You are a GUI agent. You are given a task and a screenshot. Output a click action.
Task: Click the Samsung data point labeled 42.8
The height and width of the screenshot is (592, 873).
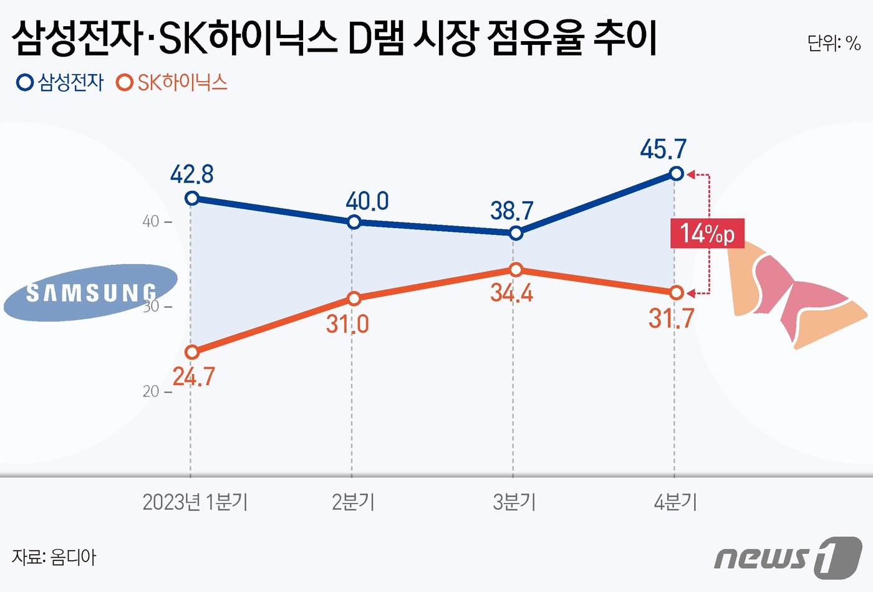point(192,198)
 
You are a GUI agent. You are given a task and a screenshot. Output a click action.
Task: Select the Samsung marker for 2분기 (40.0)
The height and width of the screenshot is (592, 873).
point(354,222)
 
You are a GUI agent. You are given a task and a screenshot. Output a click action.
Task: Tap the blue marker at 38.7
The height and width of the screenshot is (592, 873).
point(515,233)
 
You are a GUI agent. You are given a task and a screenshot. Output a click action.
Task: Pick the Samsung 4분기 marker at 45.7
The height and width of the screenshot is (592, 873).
point(676,173)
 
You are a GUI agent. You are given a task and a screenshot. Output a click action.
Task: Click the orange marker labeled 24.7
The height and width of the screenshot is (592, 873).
point(192,352)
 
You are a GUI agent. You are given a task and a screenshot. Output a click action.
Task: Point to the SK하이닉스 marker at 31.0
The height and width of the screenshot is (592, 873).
point(354,298)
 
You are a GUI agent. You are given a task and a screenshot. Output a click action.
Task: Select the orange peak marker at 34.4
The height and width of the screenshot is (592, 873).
point(515,269)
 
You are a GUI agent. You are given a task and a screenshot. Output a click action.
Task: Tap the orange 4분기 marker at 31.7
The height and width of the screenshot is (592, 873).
point(676,292)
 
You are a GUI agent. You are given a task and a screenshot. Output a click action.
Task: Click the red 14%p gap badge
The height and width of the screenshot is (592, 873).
point(707,234)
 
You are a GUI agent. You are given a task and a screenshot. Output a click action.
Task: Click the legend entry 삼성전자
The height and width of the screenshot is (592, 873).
point(60,82)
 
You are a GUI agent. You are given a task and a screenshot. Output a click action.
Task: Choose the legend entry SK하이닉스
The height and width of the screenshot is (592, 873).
point(173,82)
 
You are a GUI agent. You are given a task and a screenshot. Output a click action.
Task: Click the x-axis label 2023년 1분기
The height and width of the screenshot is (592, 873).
point(195,502)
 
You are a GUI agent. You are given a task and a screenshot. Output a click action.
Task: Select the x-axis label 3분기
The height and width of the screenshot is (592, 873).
point(514,502)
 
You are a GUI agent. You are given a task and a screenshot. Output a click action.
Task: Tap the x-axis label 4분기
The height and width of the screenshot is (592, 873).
point(675,502)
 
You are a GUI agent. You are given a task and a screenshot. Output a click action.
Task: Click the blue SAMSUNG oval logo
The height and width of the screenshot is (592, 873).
point(90,292)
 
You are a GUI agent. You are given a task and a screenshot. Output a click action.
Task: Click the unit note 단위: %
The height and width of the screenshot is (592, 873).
point(834,43)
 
